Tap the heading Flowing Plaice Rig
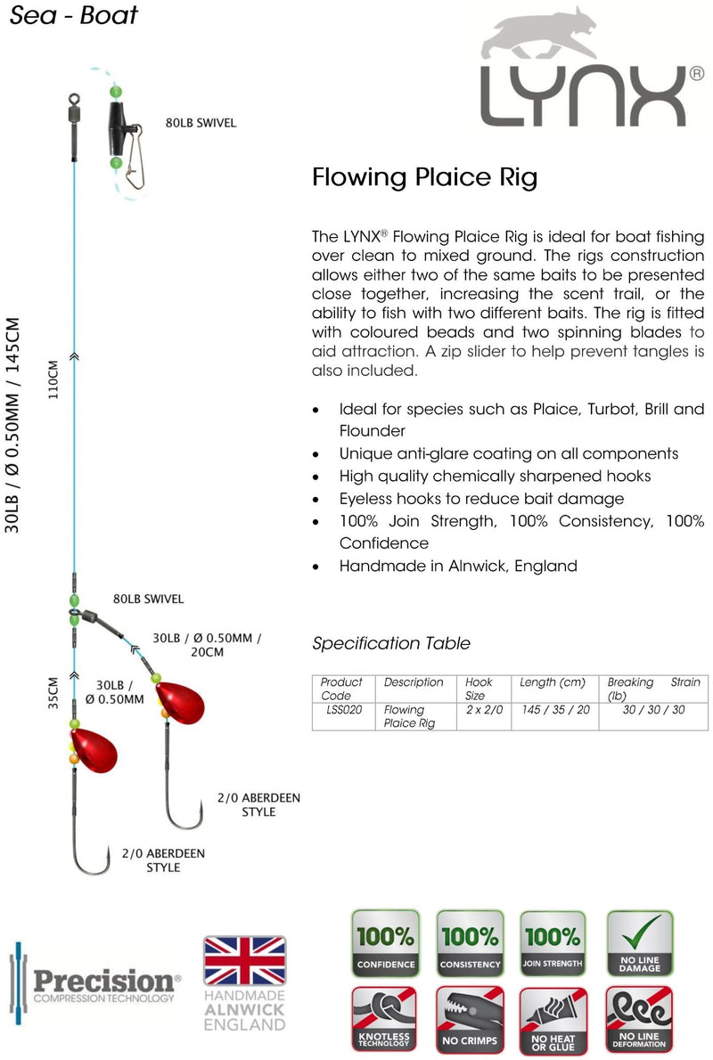pyautogui.click(x=425, y=177)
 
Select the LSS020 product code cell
pyautogui.click(x=344, y=710)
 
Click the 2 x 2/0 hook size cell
pyautogui.click(x=484, y=710)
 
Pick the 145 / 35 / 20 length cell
pyautogui.click(x=555, y=710)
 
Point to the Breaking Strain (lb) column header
pyautogui.click(x=653, y=689)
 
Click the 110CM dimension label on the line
pyautogui.click(x=53, y=379)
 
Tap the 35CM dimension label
pyautogui.click(x=53, y=693)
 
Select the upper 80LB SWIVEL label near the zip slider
pyautogui.click(x=201, y=123)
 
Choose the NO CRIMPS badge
pyautogui.click(x=470, y=1019)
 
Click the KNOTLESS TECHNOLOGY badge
pyautogui.click(x=384, y=1019)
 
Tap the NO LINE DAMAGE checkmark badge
pyautogui.click(x=639, y=943)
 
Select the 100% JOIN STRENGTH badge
pyautogui.click(x=553, y=943)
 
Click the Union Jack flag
pyautogui.click(x=245, y=960)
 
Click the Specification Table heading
pyautogui.click(x=391, y=643)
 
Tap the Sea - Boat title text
pyautogui.click(x=73, y=15)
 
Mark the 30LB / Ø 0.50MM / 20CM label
pyautogui.click(x=207, y=645)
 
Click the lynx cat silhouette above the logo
pyautogui.click(x=540, y=37)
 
